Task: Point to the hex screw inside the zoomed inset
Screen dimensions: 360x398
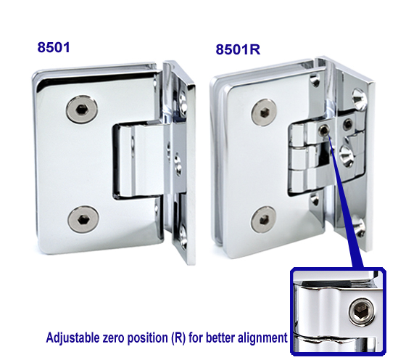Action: point(360,313)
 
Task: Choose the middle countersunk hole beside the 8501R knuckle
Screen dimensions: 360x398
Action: point(342,155)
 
